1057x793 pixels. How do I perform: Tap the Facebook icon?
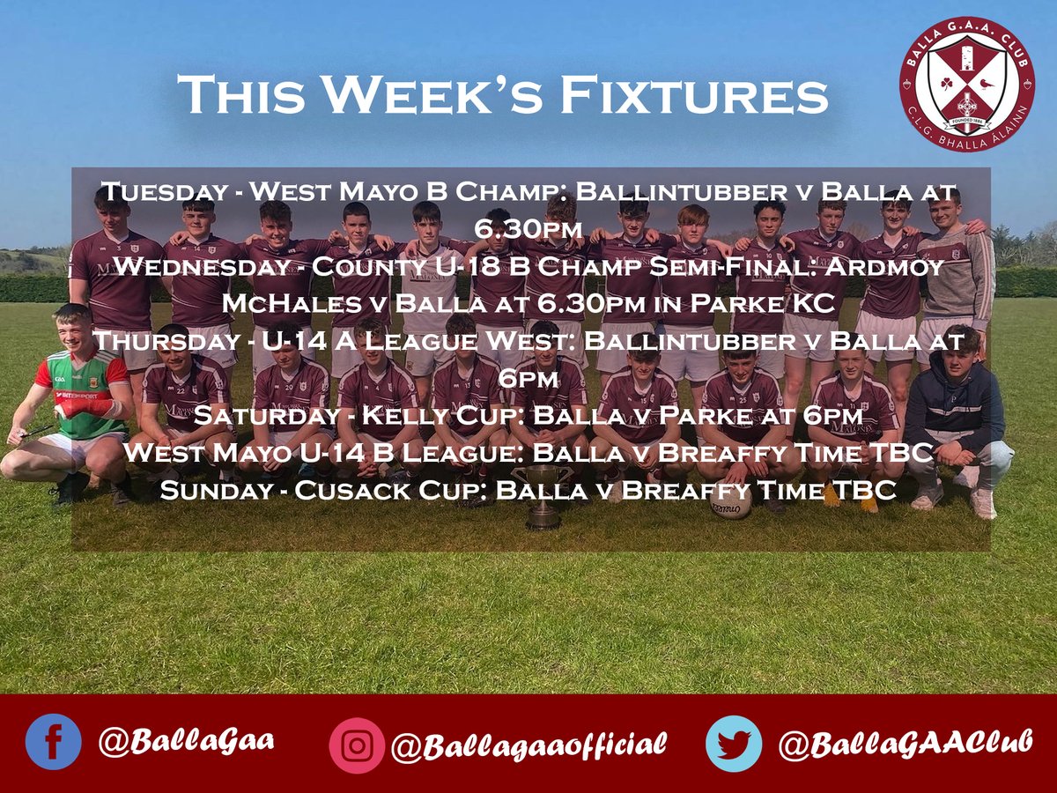(x=53, y=741)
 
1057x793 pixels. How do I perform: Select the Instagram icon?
(x=357, y=745)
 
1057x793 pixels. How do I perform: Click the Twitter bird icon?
(x=733, y=744)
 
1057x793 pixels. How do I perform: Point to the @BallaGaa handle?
(x=186, y=739)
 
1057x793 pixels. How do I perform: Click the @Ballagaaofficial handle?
(x=528, y=745)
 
